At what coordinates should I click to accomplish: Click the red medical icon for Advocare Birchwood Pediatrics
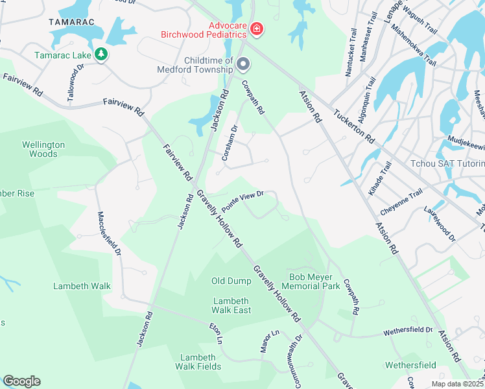point(257,28)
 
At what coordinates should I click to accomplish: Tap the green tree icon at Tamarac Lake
point(101,54)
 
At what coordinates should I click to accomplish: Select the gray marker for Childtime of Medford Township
point(243,64)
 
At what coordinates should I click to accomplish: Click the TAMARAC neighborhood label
point(71,21)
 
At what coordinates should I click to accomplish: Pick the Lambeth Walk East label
point(231,305)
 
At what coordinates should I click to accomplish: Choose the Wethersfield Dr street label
point(408,331)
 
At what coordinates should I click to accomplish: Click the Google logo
point(21,381)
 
